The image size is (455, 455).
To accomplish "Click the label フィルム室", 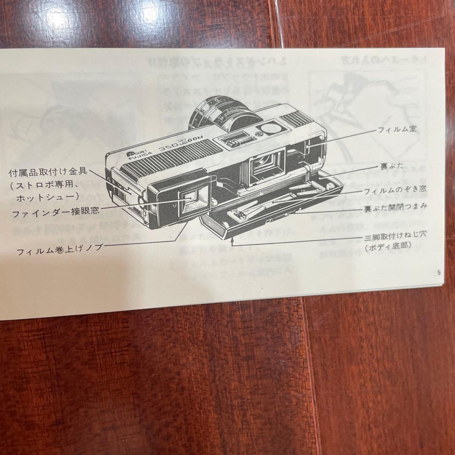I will [x=396, y=129].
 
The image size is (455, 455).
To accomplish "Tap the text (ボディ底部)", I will [x=388, y=246].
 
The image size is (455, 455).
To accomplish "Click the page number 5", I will [x=439, y=273].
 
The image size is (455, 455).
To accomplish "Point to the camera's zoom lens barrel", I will [x=217, y=113].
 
